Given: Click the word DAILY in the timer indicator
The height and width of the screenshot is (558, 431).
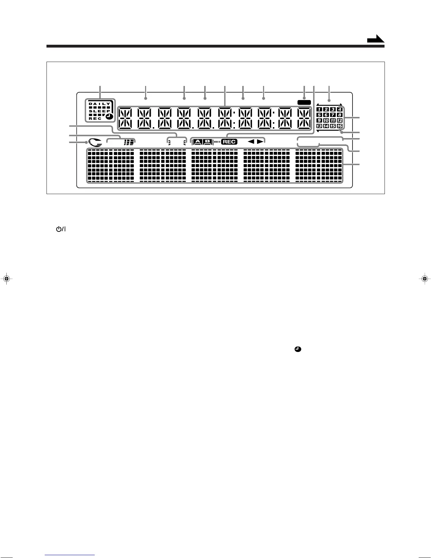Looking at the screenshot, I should click(99, 104).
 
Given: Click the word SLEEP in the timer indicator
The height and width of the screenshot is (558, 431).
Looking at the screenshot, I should click(99, 111).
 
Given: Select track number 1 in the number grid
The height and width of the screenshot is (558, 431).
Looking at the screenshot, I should click(319, 110).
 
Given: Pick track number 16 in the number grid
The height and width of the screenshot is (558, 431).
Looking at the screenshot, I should click(339, 126).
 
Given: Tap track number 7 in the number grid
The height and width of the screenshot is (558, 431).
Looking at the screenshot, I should click(333, 115).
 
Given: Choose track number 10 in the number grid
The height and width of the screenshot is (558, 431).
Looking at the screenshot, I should click(326, 120).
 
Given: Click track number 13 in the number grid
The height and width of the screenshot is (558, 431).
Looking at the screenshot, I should click(319, 126).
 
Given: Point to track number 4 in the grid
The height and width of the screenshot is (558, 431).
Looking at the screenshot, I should click(339, 110).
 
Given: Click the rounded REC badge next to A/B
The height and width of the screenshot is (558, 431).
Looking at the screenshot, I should click(229, 142).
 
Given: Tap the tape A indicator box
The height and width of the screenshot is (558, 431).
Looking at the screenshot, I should click(198, 142).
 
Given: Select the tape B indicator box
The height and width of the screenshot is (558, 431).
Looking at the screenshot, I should click(207, 142).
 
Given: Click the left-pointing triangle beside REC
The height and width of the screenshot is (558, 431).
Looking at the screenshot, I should click(251, 142).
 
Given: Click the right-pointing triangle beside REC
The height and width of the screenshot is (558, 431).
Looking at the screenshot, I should click(260, 142).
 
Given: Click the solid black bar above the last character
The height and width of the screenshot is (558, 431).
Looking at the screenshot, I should click(304, 102).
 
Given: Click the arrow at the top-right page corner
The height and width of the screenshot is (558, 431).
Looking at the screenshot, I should click(375, 39).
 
